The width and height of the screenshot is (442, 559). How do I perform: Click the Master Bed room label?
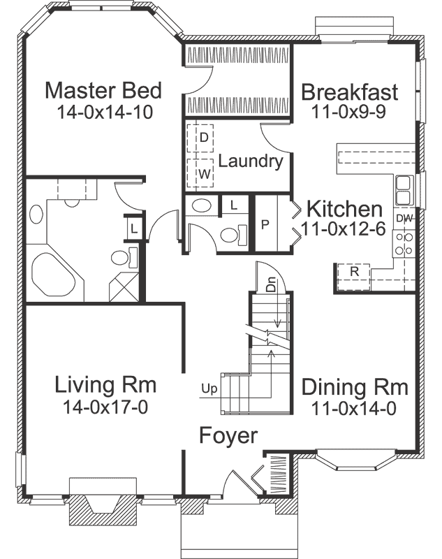click(x=103, y=90)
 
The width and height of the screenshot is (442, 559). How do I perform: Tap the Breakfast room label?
click(x=349, y=92)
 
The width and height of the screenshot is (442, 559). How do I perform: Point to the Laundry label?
click(x=250, y=161)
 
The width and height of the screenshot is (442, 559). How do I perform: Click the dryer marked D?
click(x=203, y=138)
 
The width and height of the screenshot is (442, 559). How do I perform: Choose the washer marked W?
click(x=203, y=173)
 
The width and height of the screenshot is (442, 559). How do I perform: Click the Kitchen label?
click(x=344, y=209)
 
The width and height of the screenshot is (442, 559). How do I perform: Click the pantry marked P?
click(x=265, y=224)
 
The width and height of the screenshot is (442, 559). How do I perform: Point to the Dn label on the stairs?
click(x=272, y=286)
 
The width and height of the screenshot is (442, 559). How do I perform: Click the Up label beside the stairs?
click(x=208, y=386)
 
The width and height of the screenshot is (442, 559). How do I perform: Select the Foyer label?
click(x=228, y=435)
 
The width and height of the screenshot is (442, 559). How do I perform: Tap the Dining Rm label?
click(x=354, y=387)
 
